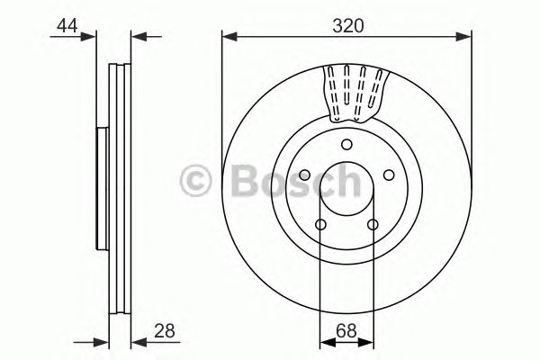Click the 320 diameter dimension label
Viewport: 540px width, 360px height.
click(346, 26)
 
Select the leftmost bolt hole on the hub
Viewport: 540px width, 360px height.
click(304, 176)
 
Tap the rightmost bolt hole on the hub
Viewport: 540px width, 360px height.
click(389, 176)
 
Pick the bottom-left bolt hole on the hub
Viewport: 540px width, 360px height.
click(321, 225)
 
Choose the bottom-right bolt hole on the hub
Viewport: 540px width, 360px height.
click(373, 225)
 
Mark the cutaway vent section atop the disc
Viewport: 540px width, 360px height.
click(354, 92)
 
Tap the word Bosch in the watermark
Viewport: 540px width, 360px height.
click(288, 183)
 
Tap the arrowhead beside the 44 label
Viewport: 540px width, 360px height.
click(89, 37)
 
